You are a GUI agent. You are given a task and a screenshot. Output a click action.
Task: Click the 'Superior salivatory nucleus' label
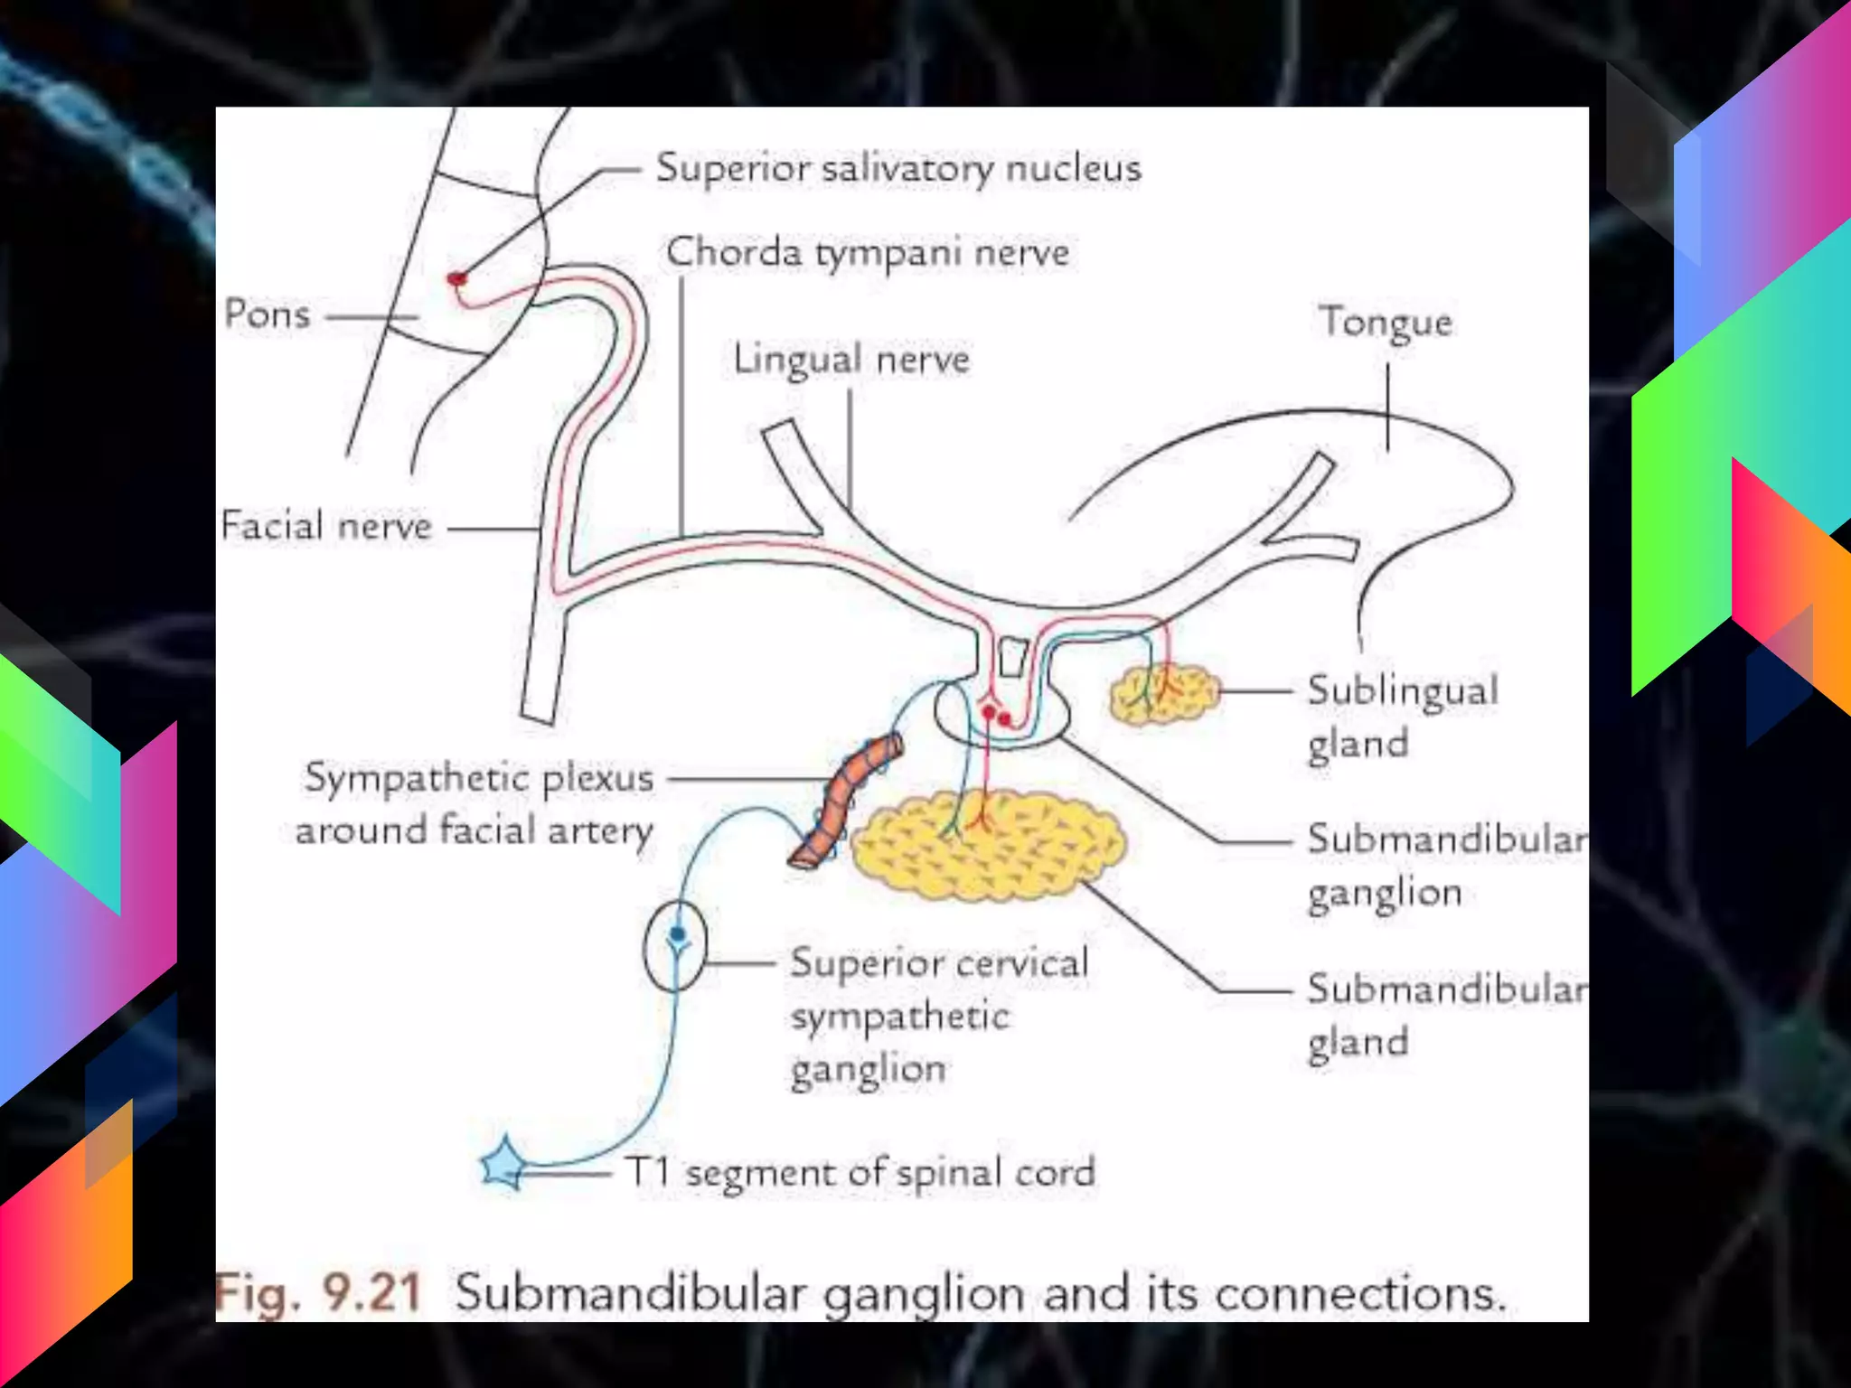(x=898, y=168)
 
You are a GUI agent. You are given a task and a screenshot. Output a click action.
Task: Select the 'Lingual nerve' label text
(x=851, y=360)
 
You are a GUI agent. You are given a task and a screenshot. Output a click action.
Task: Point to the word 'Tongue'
(x=1386, y=323)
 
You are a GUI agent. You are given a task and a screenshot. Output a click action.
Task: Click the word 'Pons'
(x=268, y=314)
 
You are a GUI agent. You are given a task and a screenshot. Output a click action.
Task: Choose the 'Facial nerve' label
(x=327, y=526)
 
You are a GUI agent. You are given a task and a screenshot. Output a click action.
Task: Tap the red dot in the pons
(x=457, y=279)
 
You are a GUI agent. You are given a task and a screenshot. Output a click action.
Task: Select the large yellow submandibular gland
(x=988, y=846)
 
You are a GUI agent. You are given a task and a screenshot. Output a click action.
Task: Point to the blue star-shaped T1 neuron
(x=503, y=1165)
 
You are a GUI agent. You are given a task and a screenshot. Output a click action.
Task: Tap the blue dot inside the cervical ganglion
(x=677, y=934)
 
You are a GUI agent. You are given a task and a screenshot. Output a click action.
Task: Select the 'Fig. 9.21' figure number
(x=318, y=1292)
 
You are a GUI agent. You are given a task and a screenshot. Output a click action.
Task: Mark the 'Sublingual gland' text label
(x=1401, y=717)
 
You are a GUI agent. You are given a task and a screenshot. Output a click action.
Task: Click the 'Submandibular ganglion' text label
(x=1444, y=865)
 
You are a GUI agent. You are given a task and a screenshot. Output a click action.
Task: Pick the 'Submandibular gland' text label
(x=1444, y=1014)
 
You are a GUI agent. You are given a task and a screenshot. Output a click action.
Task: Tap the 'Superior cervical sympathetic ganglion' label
(x=938, y=1016)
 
